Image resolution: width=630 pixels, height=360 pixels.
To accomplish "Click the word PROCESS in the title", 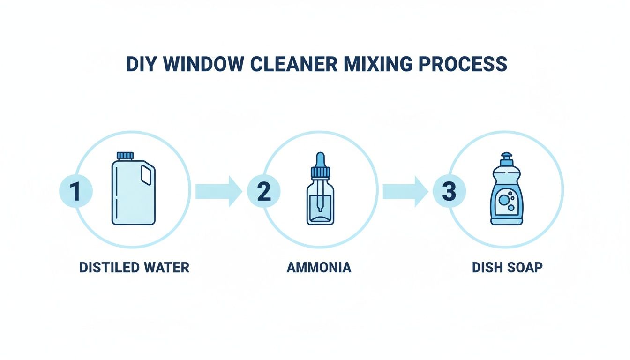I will point(462,64).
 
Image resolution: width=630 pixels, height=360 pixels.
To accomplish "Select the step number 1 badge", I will point(75,192).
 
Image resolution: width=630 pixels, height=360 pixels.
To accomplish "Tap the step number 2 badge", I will point(263,192).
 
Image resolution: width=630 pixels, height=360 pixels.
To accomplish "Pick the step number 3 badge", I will point(449,192).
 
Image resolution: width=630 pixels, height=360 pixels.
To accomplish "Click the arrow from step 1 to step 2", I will point(218,191).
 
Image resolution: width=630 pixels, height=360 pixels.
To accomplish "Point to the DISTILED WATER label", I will point(134,267).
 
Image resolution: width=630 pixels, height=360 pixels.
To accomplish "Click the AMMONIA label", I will point(318,267).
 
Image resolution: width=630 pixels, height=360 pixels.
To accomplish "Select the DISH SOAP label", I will point(507,267).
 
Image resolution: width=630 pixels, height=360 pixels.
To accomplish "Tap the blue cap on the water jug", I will point(125,156).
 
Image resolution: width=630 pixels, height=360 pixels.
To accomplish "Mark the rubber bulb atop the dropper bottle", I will point(320,159).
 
